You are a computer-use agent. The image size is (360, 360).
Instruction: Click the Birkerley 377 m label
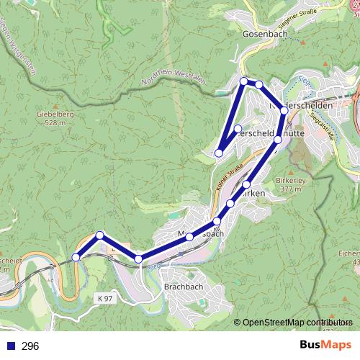coord(292,184)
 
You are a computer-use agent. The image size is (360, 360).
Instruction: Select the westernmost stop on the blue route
coord(76,257)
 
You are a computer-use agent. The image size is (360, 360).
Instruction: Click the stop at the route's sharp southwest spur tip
coord(219,153)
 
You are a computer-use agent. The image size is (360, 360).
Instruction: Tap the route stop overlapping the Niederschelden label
coord(284,110)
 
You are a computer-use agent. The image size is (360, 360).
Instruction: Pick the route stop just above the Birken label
coord(246,185)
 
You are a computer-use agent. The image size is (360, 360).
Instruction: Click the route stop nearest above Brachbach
coord(138,258)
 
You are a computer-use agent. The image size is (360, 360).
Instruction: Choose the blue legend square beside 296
coord(10,346)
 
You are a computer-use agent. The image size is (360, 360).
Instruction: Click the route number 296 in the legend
coord(30,346)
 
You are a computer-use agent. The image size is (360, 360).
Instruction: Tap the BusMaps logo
coord(325,345)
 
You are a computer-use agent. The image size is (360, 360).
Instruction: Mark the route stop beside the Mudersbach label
coord(189,237)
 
